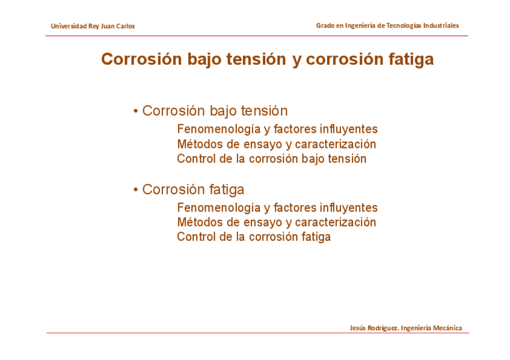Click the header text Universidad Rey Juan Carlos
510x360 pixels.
[x=93, y=26]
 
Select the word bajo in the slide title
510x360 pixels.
[x=205, y=59]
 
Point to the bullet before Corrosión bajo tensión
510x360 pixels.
[x=136, y=111]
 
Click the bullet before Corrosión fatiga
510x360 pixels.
[x=136, y=189]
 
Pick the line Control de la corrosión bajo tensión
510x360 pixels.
[x=272, y=159]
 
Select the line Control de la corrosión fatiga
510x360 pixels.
[x=254, y=237]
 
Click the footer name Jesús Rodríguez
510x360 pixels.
[x=374, y=328]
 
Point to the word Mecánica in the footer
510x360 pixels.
[x=447, y=328]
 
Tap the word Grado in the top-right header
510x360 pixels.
[x=325, y=25]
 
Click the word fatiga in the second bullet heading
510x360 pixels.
[x=226, y=190]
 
